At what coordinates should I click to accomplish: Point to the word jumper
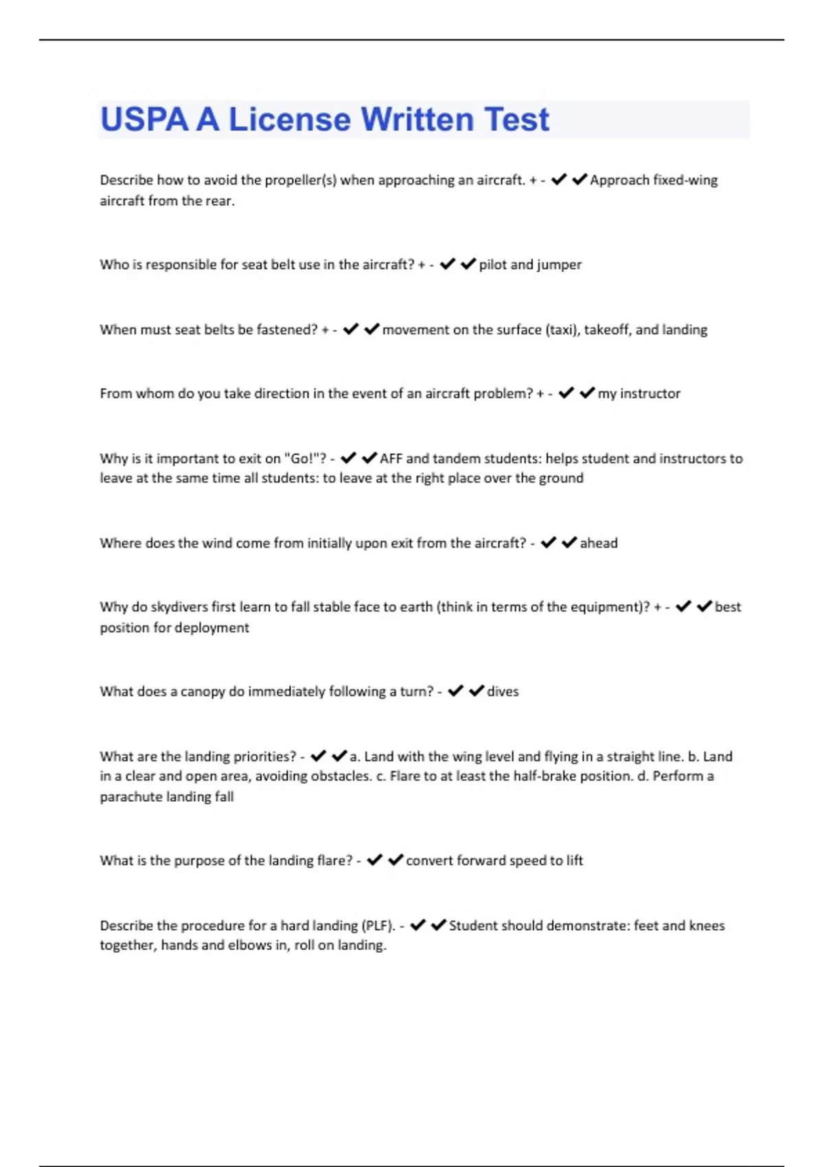(559, 265)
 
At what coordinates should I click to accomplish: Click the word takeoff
(608, 330)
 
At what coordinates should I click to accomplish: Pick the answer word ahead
(599, 544)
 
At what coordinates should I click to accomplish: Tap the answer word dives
(503, 692)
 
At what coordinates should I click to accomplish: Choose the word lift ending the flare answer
(575, 861)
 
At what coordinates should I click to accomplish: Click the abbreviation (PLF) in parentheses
(378, 926)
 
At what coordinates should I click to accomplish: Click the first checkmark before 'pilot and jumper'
(448, 264)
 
